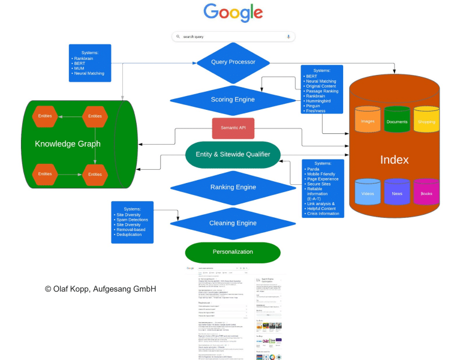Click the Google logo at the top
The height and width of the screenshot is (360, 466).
(x=233, y=13)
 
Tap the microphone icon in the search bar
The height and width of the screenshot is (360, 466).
(x=288, y=37)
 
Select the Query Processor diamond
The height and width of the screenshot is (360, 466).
(x=233, y=62)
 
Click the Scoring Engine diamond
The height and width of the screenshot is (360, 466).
(x=233, y=99)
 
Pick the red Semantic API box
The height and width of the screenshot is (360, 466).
(x=233, y=128)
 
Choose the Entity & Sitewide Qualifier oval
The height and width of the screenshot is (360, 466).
(x=233, y=154)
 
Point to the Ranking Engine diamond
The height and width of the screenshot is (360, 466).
(x=233, y=187)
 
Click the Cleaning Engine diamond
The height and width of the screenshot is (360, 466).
(x=233, y=223)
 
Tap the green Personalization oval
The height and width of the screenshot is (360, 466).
(x=233, y=252)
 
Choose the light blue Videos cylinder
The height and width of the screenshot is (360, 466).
(x=368, y=193)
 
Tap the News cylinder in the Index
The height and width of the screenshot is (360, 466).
(x=397, y=193)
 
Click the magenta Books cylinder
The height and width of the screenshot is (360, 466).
(x=426, y=193)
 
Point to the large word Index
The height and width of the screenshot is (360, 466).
(x=395, y=160)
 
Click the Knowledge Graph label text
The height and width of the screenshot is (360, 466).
(x=68, y=144)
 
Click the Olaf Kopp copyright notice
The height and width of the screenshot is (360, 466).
(x=100, y=289)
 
